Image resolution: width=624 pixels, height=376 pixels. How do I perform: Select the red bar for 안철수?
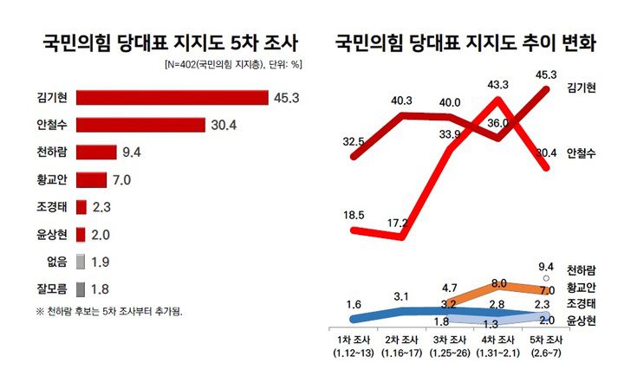(140, 126)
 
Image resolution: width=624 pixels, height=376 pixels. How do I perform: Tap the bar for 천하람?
(96, 153)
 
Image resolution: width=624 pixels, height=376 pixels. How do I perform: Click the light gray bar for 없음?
(81, 262)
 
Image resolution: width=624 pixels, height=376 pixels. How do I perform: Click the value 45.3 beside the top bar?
(286, 98)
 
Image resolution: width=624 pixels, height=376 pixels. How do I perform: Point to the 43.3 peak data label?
(497, 85)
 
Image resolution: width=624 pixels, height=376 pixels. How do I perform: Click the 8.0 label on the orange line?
(497, 282)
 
